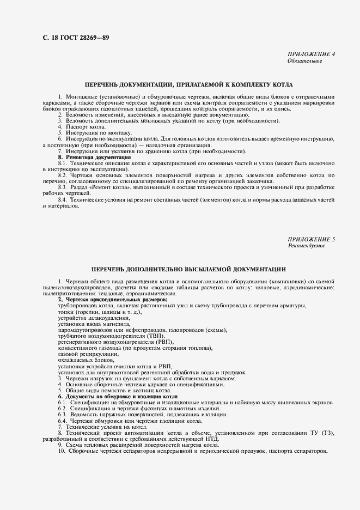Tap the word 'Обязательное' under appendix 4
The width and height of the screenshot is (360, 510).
(x=304, y=61)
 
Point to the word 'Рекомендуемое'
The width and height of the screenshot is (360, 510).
(x=306, y=246)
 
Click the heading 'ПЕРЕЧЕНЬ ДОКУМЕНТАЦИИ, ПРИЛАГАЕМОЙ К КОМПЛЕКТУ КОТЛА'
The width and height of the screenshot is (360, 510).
(x=188, y=85)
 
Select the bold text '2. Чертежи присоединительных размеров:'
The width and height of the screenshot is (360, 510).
(x=113, y=300)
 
